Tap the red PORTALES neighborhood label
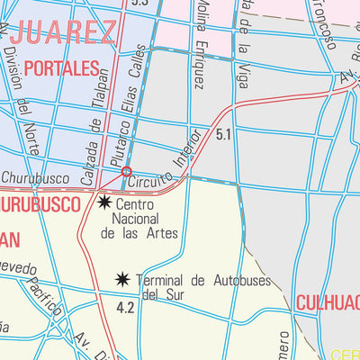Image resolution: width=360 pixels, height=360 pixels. (x=61, y=67)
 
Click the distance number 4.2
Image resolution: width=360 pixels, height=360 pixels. (x=125, y=308)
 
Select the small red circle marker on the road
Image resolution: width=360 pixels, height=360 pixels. (x=127, y=171)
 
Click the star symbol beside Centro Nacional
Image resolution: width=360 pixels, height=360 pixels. (x=104, y=202)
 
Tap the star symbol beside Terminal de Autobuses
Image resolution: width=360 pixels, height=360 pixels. (x=122, y=281)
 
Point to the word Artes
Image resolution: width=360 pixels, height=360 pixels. (x=163, y=233)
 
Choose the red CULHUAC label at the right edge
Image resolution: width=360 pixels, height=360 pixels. (x=328, y=301)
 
